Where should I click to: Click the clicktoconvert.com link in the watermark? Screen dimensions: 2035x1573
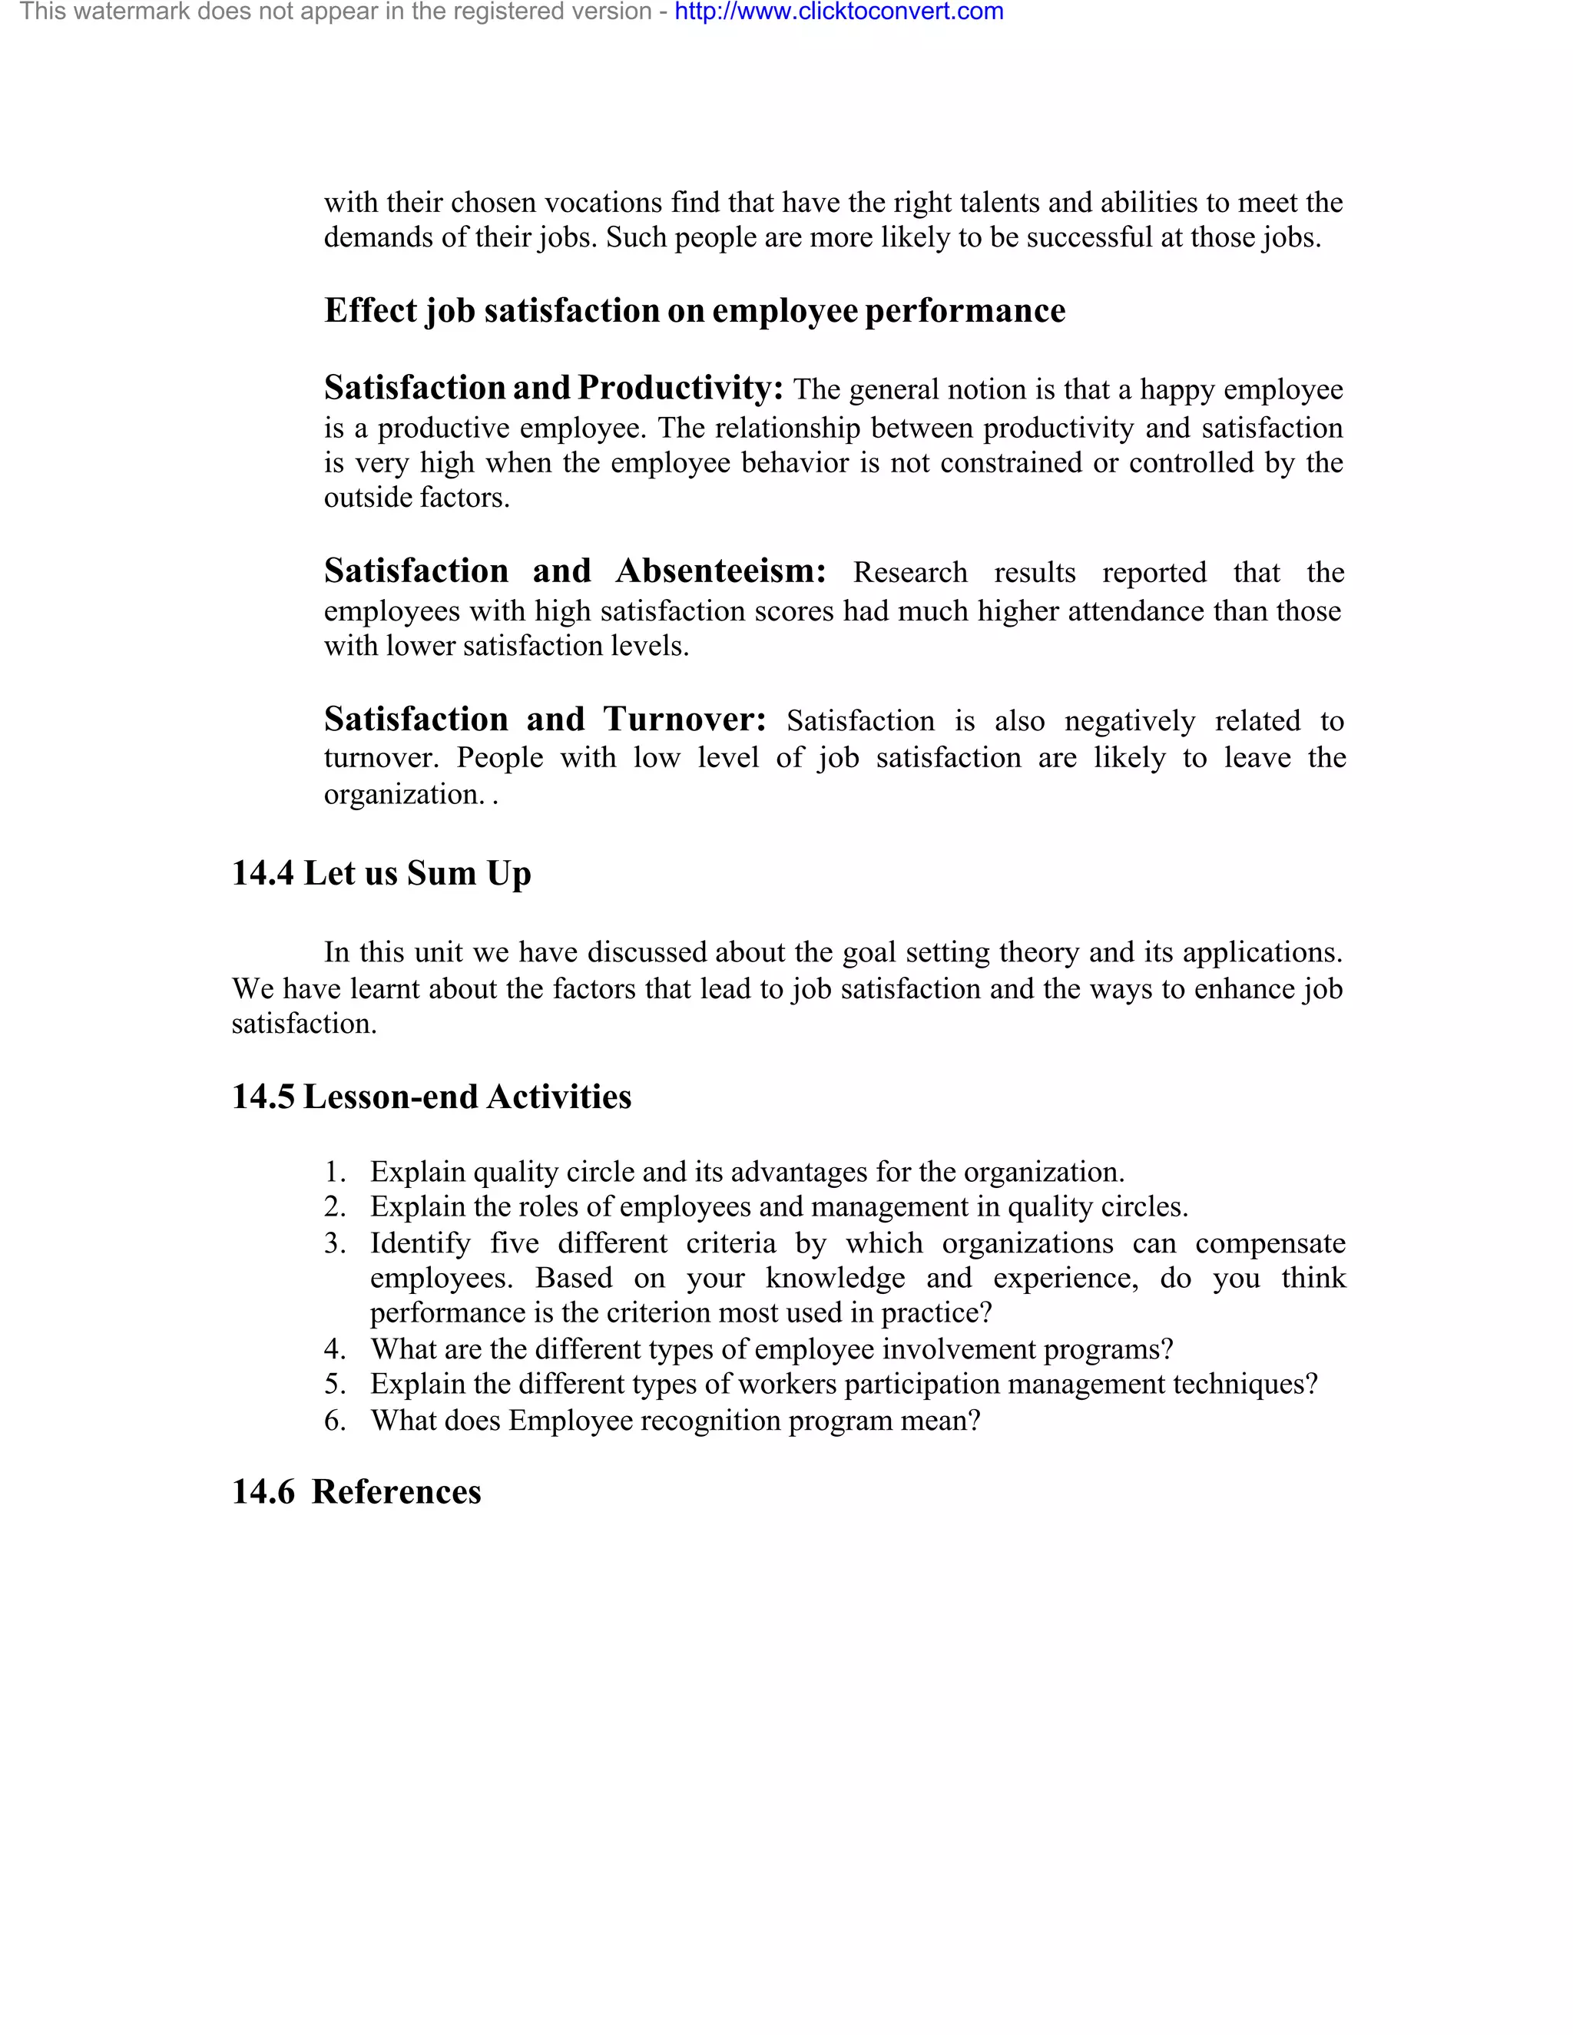click(839, 12)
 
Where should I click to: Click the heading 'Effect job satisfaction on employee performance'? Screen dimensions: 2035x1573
click(694, 311)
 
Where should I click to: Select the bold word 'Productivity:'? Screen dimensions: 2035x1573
click(681, 388)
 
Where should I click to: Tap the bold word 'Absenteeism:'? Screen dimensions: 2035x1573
click(720, 571)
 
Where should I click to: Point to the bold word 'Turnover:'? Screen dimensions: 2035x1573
click(684, 720)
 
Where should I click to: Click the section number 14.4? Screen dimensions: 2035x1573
click(263, 874)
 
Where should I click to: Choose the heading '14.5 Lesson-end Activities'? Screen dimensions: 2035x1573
click(432, 1097)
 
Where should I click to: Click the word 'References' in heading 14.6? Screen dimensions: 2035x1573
click(396, 1492)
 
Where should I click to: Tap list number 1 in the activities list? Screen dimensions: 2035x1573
click(335, 1172)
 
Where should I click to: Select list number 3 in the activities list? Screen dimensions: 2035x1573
click(335, 1244)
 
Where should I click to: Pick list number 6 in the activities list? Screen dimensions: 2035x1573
click(335, 1421)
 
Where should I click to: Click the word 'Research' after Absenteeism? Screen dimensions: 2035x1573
click(909, 573)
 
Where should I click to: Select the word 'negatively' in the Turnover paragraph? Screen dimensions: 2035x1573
click(1129, 721)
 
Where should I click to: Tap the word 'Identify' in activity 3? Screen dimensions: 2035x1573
click(420, 1244)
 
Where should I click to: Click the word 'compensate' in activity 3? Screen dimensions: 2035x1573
click(1270, 1244)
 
